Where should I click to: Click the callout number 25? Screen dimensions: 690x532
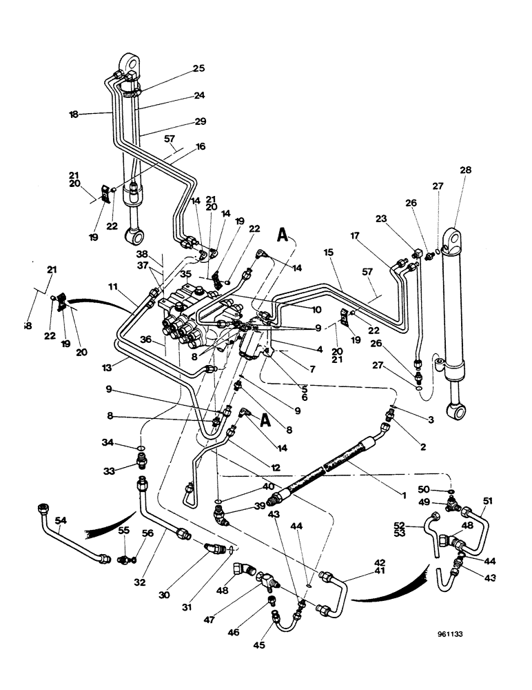[198, 68]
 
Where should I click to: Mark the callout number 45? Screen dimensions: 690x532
[259, 645]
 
